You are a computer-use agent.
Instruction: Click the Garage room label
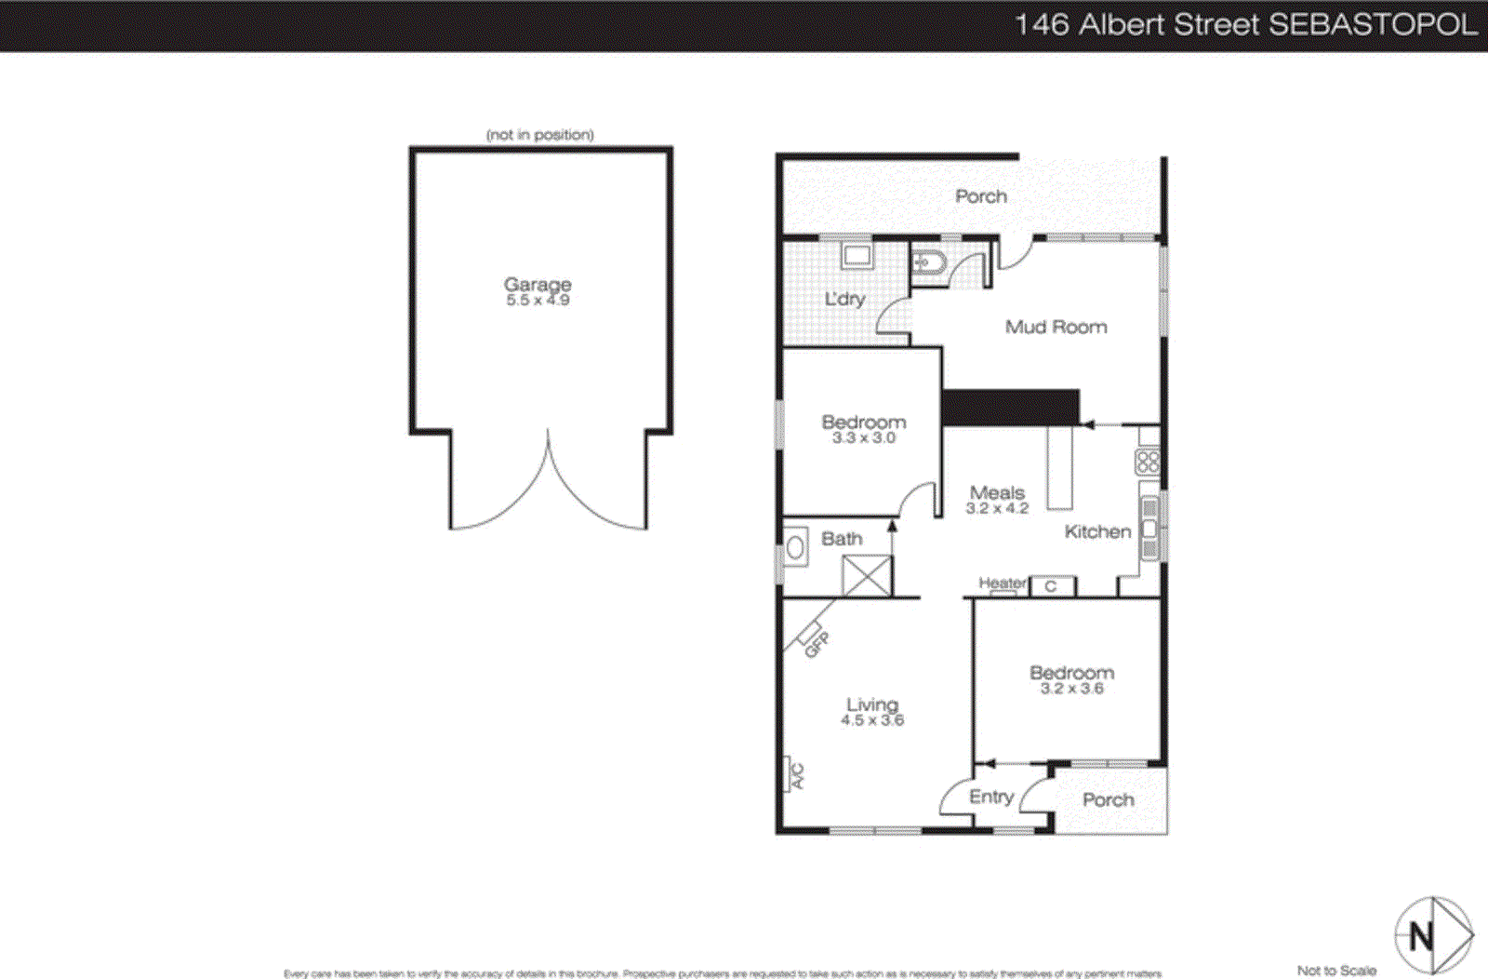[x=538, y=284]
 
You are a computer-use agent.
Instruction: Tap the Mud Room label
[x=1056, y=327]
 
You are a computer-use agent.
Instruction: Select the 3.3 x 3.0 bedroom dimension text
[x=863, y=438]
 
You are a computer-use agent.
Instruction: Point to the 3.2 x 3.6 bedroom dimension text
[x=1071, y=689]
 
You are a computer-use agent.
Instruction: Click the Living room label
[x=871, y=704]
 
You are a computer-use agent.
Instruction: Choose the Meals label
[x=997, y=492]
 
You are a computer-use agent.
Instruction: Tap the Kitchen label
[x=1097, y=531]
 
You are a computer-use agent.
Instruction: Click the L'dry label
[x=844, y=299]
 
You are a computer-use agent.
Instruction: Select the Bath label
[x=842, y=539]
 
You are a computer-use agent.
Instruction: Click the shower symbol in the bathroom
[x=867, y=575]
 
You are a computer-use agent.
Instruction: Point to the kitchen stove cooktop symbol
[x=1148, y=462]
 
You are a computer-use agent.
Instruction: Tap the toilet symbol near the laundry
[x=926, y=263]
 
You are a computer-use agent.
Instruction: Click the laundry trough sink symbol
[x=856, y=255]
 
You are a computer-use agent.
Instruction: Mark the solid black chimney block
[x=1010, y=408]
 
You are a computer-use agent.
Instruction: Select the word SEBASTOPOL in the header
[x=1373, y=24]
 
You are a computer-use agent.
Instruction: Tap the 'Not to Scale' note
[x=1336, y=971]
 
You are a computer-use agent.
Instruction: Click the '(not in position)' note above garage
[x=539, y=135]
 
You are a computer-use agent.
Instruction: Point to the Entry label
[x=990, y=797]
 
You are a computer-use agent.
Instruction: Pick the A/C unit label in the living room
[x=797, y=775]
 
